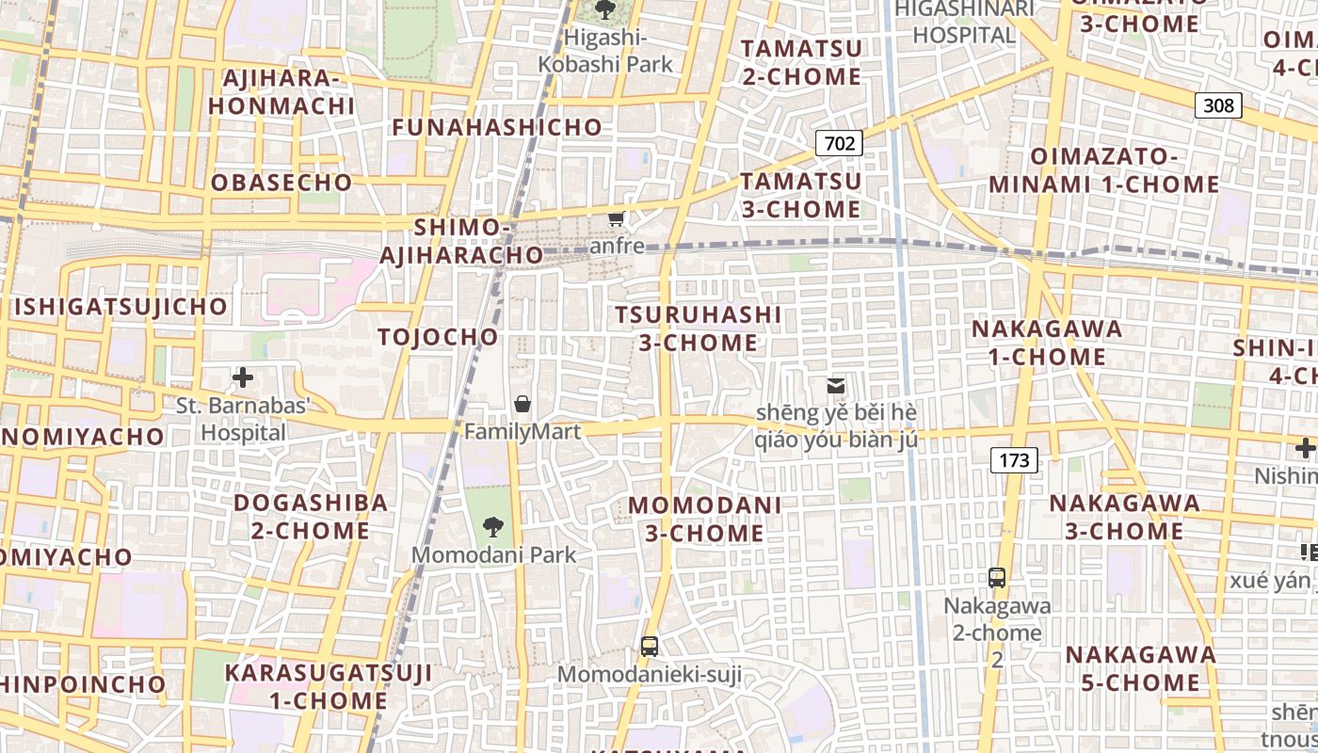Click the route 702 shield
pyautogui.click(x=839, y=143)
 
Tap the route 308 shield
pyautogui.click(x=1218, y=105)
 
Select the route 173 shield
pyautogui.click(x=1014, y=460)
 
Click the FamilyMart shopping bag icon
pyautogui.click(x=522, y=404)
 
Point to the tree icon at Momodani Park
pyautogui.click(x=492, y=527)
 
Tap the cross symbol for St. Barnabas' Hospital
pyautogui.click(x=243, y=378)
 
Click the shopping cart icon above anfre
pyautogui.click(x=617, y=219)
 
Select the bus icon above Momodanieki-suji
pyautogui.click(x=649, y=647)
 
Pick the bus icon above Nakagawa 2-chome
pyautogui.click(x=997, y=578)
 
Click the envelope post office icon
pyautogui.click(x=835, y=385)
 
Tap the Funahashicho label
pyautogui.click(x=497, y=127)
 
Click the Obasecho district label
pyautogui.click(x=281, y=183)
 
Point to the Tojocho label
pyautogui.click(x=438, y=337)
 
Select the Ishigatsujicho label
pyautogui.click(x=121, y=307)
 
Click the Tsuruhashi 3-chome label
pyautogui.click(x=699, y=328)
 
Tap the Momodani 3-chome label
pyautogui.click(x=705, y=519)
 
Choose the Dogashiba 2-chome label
pyautogui.click(x=311, y=516)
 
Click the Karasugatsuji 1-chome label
pyautogui.click(x=329, y=687)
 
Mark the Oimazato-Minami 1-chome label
pyautogui.click(x=1104, y=170)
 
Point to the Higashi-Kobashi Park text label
pyautogui.click(x=605, y=51)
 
